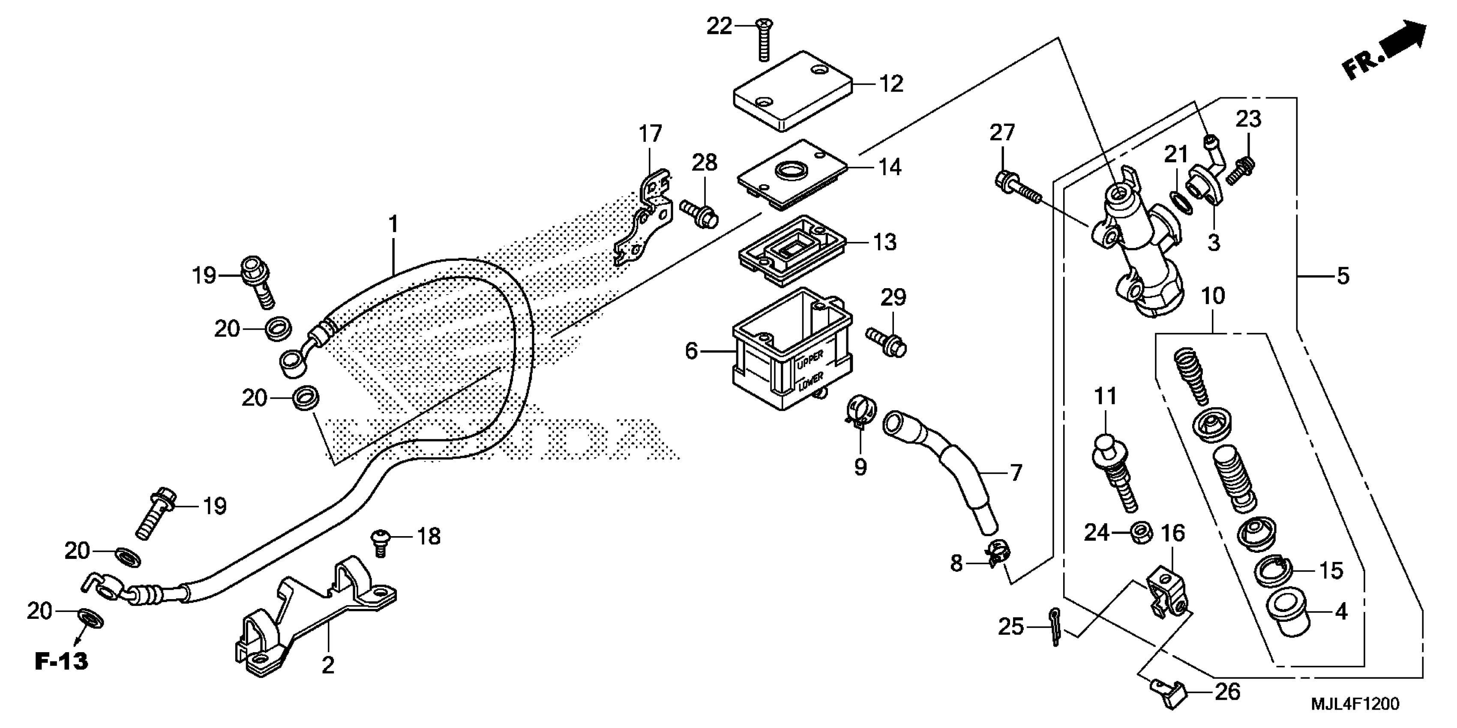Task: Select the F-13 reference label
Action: pos(62,661)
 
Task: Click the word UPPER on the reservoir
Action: pos(810,358)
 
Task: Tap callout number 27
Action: pos(1002,133)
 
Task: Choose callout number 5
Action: pos(1343,276)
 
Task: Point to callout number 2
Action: pos(328,665)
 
